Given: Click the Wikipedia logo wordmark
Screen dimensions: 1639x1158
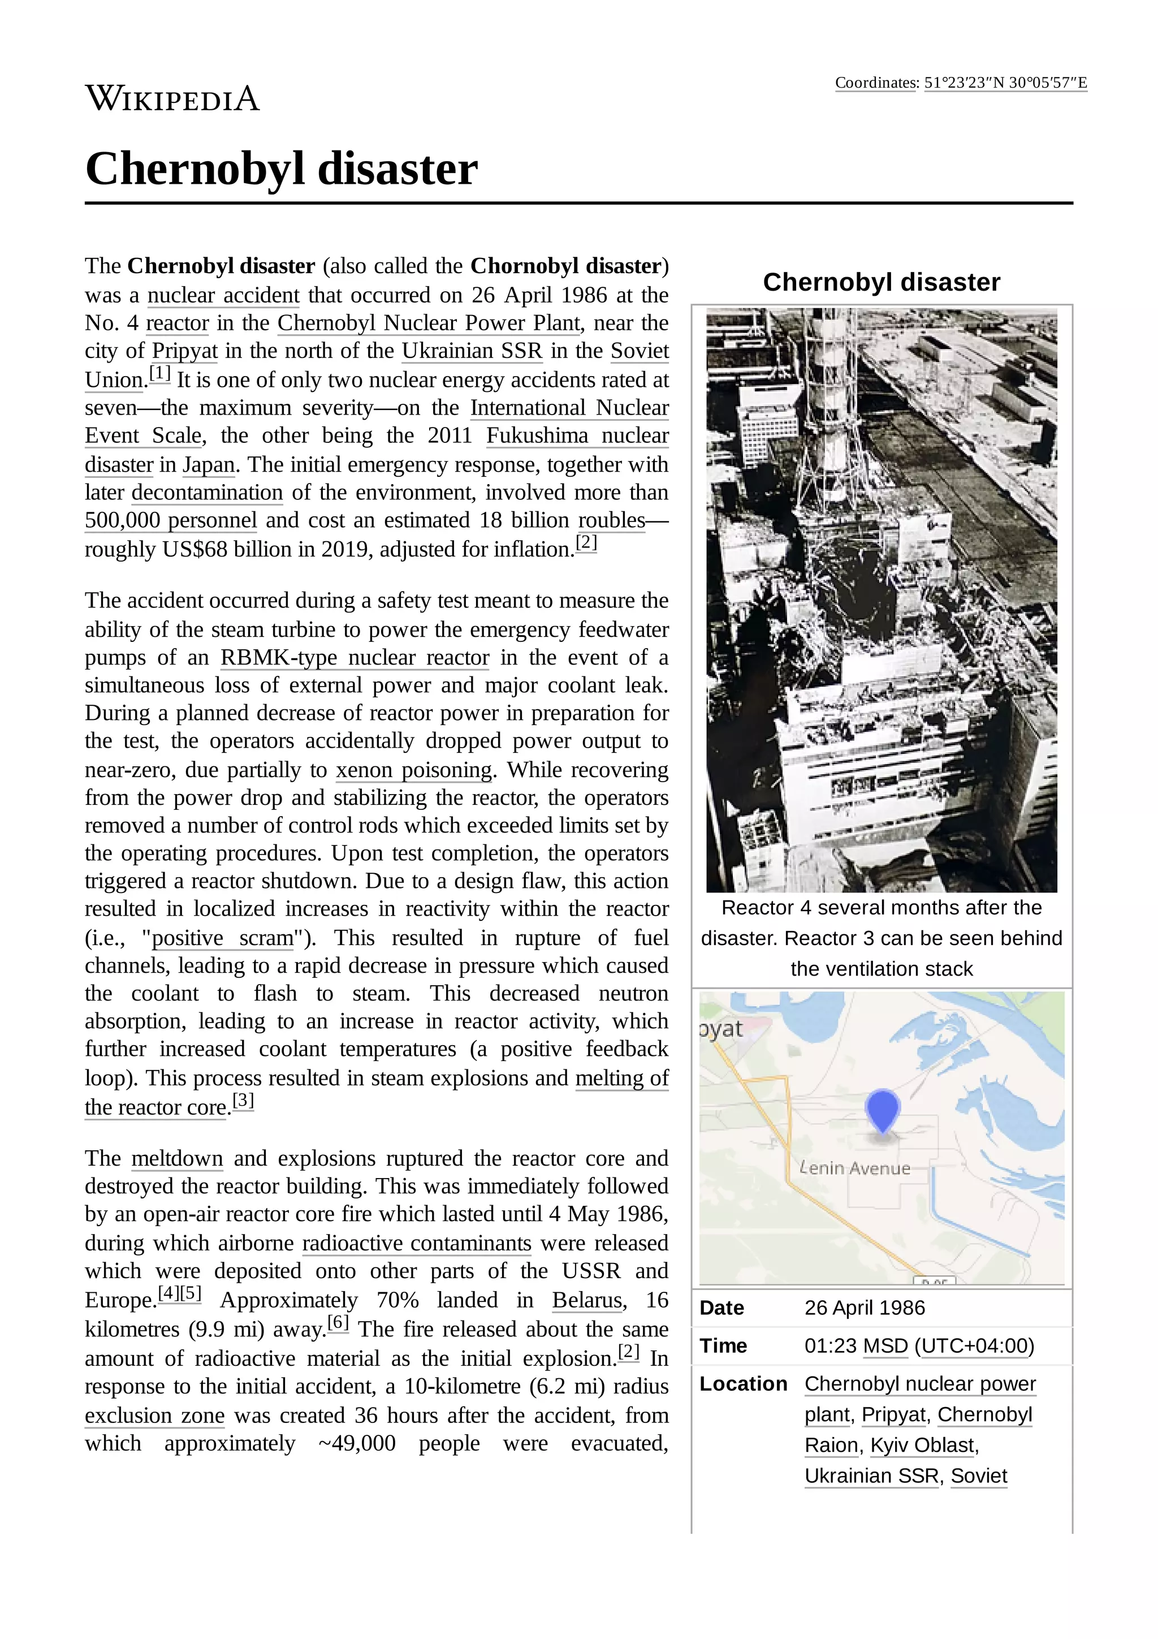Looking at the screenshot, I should click(x=172, y=98).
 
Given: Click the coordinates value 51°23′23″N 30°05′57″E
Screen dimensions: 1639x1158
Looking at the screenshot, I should click(x=1005, y=83).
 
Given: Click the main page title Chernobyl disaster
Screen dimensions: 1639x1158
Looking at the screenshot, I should click(x=281, y=169).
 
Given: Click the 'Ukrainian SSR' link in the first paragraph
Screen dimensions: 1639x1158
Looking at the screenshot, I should click(x=472, y=351).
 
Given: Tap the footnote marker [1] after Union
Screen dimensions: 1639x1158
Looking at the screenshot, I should click(x=160, y=373).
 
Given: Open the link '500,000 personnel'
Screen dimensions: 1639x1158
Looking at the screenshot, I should click(x=171, y=520).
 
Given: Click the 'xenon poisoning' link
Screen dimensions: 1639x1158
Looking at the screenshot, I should click(x=414, y=770).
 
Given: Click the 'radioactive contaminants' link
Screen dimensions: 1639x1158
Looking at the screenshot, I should click(x=417, y=1244).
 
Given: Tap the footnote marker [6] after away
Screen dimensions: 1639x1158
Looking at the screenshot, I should click(x=338, y=1323).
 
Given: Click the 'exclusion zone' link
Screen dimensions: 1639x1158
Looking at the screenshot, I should click(x=155, y=1416).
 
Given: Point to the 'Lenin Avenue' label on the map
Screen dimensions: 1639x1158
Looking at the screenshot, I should click(x=855, y=1168).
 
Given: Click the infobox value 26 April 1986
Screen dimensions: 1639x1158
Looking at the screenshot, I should click(x=864, y=1308).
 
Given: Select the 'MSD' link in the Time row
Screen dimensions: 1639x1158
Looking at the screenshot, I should click(x=885, y=1345).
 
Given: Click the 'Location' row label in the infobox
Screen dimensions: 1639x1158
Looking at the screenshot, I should click(x=743, y=1383).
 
